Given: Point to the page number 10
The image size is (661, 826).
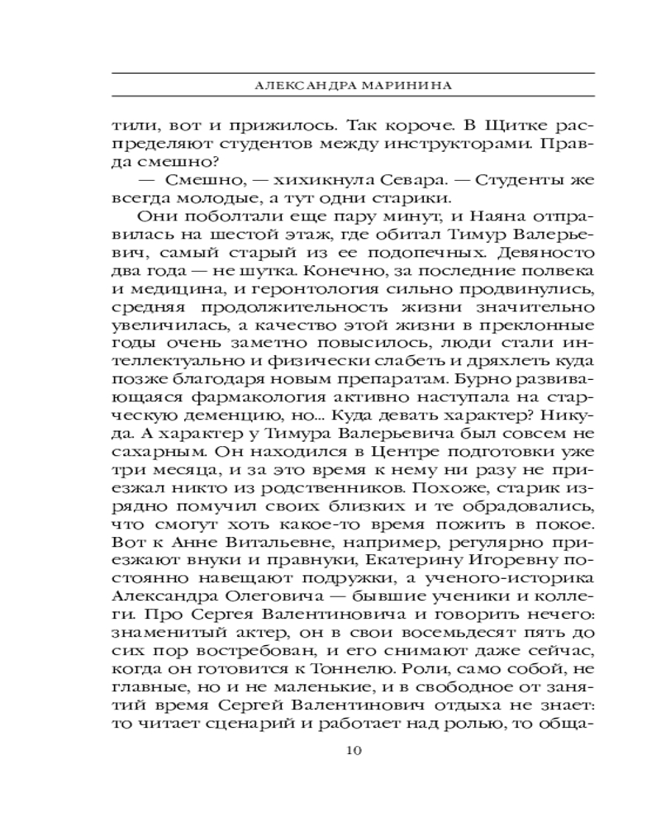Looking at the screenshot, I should (x=353, y=750).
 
